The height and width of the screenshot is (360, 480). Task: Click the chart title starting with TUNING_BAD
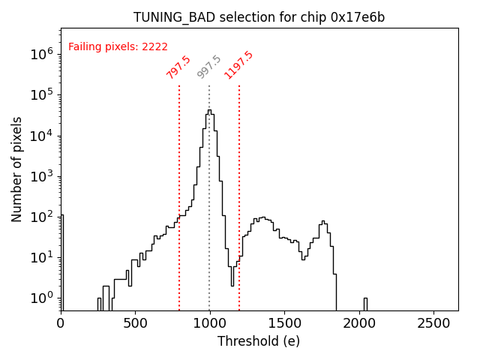click(x=259, y=17)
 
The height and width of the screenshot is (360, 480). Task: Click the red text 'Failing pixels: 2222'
click(x=118, y=46)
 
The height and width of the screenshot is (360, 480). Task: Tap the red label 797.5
click(x=178, y=67)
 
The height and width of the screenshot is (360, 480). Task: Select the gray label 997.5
click(x=209, y=67)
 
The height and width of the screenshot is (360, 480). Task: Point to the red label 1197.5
click(x=238, y=65)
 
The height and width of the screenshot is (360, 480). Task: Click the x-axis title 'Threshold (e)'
click(x=259, y=341)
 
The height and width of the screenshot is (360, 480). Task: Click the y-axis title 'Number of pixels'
click(x=17, y=169)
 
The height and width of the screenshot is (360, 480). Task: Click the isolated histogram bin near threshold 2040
click(x=365, y=304)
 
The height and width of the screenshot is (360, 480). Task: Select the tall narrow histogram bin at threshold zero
click(x=61, y=262)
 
